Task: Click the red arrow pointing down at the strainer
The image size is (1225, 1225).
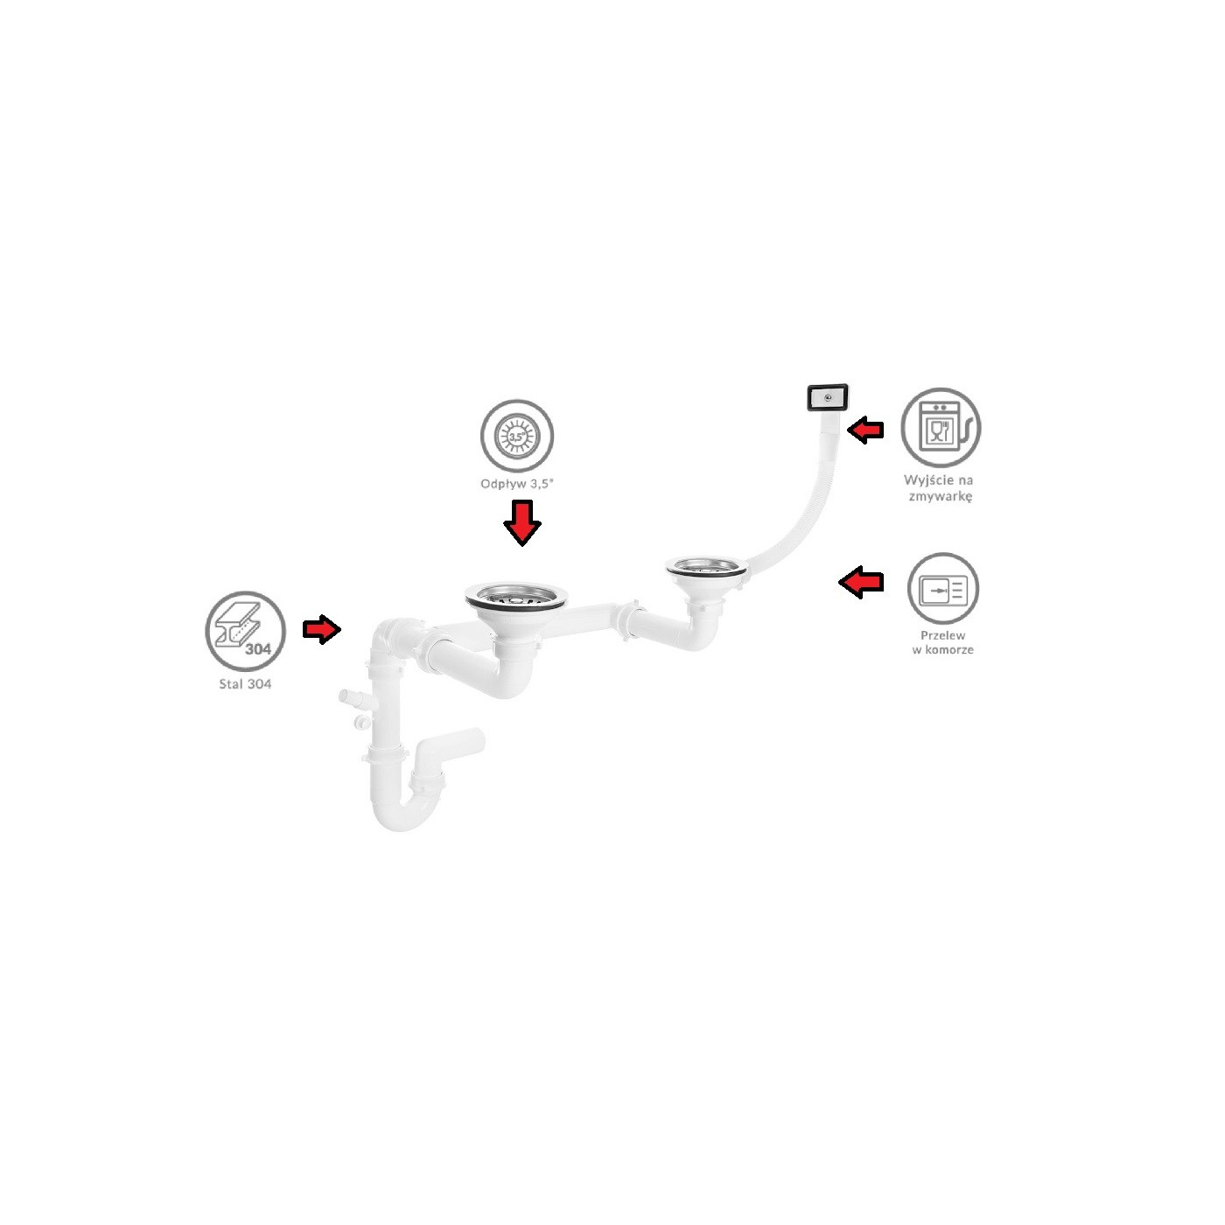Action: point(521,522)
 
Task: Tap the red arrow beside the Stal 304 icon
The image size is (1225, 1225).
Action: point(322,629)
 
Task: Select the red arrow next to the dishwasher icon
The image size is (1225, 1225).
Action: point(865,430)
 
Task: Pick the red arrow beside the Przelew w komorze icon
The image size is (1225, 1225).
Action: point(861,582)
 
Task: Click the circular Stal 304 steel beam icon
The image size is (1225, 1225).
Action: point(245,631)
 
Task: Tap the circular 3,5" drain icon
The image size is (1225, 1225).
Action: point(517,436)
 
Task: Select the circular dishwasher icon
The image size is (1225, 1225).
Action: point(941,427)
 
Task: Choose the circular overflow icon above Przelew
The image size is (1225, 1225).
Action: point(942,588)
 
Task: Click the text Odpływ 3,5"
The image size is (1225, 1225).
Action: point(517,484)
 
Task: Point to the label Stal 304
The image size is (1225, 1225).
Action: point(245,684)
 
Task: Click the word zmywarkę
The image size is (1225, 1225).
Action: point(941,496)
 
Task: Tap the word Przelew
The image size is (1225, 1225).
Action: point(942,635)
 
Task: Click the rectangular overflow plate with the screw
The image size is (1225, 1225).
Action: point(827,397)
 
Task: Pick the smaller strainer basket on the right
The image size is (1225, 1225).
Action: point(706,566)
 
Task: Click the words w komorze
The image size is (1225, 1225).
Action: point(942,650)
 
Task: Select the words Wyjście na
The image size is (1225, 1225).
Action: point(939,480)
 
